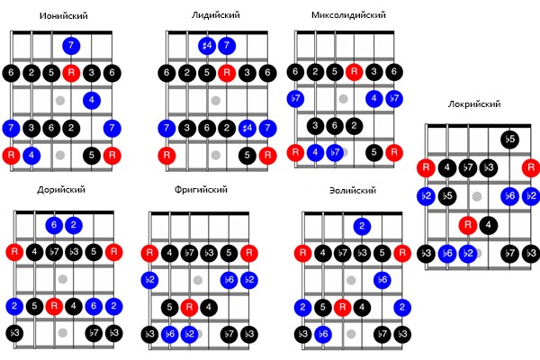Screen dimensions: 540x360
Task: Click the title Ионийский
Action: coord(64,16)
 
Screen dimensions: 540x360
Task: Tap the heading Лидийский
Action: coord(216,15)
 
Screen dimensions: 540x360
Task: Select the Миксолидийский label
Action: coord(348,15)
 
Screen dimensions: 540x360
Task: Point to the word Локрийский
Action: coord(474,104)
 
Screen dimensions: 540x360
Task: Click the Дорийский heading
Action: coord(61,190)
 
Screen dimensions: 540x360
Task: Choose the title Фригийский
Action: coord(201,190)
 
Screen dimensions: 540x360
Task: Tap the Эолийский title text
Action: coord(353,191)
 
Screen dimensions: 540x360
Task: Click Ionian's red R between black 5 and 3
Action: coord(71,73)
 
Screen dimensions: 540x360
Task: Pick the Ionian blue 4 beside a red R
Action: coord(31,156)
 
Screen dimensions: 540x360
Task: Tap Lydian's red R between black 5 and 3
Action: coord(227,73)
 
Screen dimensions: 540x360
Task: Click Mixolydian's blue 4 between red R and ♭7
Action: coord(315,152)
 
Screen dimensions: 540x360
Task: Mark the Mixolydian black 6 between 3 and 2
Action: coord(335,126)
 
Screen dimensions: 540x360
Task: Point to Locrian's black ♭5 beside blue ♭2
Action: coord(447,196)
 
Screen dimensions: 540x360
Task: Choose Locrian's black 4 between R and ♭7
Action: coord(447,167)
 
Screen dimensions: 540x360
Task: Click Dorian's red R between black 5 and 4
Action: coord(54,306)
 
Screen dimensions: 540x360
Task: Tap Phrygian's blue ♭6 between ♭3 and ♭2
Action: coord(170,334)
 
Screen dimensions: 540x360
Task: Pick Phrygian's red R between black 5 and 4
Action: coord(189,307)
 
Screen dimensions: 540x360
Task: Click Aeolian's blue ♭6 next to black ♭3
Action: coord(323,334)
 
